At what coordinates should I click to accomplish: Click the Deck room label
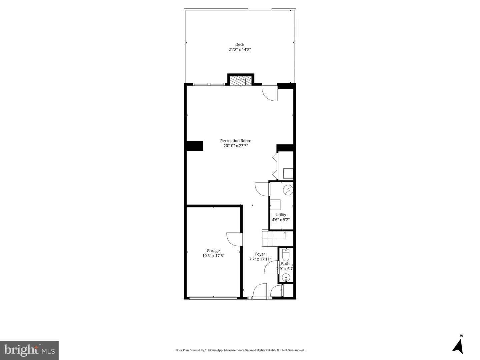coord(240,44)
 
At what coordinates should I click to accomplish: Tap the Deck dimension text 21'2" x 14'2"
coord(240,50)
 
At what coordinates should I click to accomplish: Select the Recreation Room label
coord(236,141)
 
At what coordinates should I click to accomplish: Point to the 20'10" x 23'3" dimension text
coord(236,146)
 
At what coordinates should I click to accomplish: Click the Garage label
coord(213,251)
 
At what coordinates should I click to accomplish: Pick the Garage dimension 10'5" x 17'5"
coord(213,256)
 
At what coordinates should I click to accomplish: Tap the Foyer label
coord(260,254)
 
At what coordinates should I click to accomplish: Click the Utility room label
coord(281,215)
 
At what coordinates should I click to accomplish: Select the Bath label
coord(285,264)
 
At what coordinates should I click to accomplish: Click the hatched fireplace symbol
coord(241,81)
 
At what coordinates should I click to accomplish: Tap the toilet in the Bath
coord(286,255)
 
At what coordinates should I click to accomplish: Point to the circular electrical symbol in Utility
coord(288,190)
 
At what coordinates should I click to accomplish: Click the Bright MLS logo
coord(29,350)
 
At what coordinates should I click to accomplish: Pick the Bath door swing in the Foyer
coord(271,268)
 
